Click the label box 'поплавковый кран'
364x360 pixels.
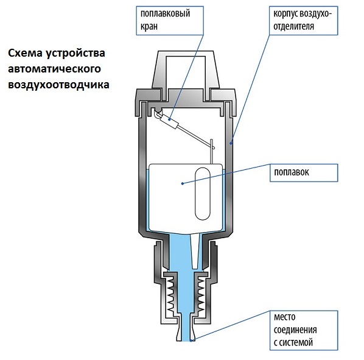170,21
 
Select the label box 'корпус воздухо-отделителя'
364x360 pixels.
303,21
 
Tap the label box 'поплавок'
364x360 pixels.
304,173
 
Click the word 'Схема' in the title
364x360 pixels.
26,53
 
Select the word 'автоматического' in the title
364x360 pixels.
55,69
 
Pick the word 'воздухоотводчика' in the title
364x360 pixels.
58,84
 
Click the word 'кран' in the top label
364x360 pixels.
149,27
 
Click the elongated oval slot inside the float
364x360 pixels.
203,194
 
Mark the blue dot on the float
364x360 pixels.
183,183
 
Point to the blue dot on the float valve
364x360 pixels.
170,119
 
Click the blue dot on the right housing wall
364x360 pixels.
231,143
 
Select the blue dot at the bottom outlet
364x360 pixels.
191,341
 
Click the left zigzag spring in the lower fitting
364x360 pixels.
170,295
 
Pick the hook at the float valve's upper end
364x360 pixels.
158,113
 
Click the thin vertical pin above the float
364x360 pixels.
211,152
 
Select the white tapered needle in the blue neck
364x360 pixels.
195,251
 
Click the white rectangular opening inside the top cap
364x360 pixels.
186,72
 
